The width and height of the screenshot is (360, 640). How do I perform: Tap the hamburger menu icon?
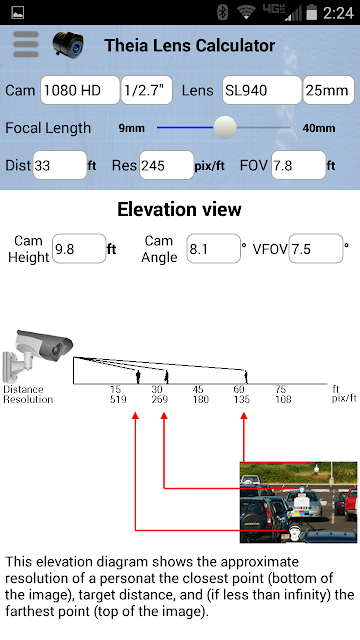tap(26, 44)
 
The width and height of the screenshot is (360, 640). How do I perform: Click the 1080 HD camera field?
tap(80, 90)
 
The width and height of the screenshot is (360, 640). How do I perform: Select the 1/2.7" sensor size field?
tap(147, 90)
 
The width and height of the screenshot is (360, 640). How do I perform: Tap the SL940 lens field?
tap(262, 90)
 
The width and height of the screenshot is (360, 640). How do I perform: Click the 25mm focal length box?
tap(329, 90)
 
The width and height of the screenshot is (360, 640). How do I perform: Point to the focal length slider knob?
tap(225, 127)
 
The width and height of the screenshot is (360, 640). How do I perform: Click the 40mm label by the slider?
tap(319, 128)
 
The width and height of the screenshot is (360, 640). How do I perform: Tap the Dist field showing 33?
tap(60, 165)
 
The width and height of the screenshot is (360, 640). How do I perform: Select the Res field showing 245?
tap(167, 165)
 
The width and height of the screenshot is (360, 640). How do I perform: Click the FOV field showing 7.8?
tap(299, 165)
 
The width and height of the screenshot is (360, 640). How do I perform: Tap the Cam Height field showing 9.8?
tap(79, 249)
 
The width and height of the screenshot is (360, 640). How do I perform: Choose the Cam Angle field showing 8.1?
tap(213, 249)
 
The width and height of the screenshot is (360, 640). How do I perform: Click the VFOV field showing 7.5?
tap(316, 249)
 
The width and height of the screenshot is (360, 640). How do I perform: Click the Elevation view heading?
tap(179, 209)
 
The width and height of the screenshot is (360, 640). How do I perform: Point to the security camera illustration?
tap(38, 356)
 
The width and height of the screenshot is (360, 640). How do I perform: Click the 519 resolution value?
tap(118, 399)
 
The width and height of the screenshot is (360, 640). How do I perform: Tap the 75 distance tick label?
tap(280, 389)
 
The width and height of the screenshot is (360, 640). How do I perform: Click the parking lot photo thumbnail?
tap(298, 502)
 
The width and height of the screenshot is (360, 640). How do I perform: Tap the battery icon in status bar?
tap(312, 12)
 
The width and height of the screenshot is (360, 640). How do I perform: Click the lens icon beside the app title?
tap(68, 45)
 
